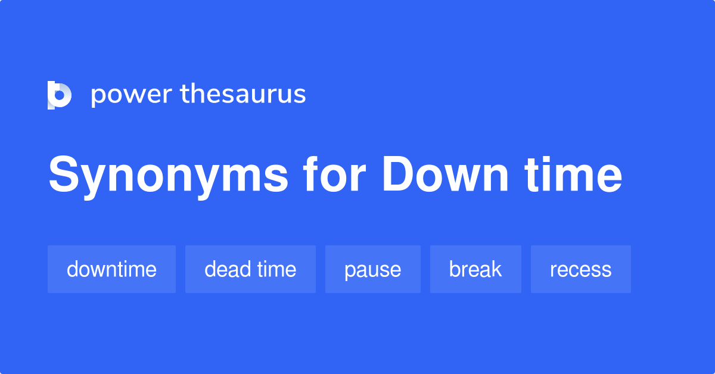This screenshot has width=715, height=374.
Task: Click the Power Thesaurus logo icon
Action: coord(60,95)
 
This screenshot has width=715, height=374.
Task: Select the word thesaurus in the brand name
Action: coord(243,94)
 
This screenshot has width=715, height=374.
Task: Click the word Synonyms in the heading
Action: coord(167,176)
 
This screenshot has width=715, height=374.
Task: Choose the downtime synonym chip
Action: coord(111,269)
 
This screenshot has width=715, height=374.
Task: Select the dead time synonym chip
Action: coord(250,269)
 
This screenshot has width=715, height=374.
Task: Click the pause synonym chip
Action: coord(372,269)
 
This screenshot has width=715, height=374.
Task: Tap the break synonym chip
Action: coord(475,269)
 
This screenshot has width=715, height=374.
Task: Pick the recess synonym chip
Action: coord(580,269)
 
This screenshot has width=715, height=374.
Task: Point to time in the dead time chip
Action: coord(276,269)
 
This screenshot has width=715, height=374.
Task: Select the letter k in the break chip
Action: coord(496,269)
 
